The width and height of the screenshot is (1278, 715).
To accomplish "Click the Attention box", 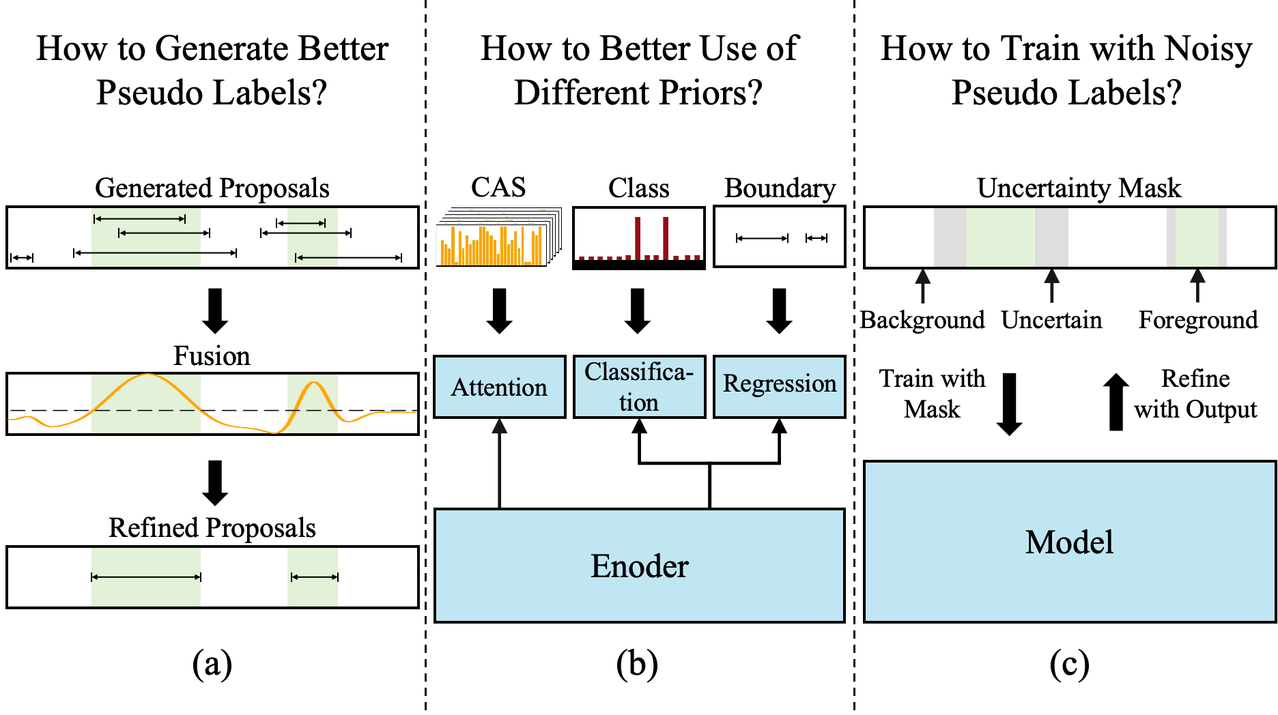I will [499, 387].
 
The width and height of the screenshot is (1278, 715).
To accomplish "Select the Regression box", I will [779, 387].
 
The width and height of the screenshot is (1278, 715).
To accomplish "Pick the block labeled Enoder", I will [639, 566].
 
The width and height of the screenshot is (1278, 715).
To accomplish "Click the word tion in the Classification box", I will [639, 403].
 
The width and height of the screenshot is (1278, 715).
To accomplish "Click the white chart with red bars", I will [638, 235].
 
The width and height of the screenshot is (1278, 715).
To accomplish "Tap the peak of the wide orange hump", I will [147, 375].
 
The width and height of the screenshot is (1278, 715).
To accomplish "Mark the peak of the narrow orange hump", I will [313, 383].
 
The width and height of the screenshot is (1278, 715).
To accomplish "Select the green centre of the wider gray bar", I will [1000, 237].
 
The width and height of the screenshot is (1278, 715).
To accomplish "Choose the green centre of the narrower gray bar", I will [1196, 237].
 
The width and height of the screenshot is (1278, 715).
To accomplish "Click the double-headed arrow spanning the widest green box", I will [146, 577].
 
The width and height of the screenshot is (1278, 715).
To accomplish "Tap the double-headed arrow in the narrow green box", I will [313, 577].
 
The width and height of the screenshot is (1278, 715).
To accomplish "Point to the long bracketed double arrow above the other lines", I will [140, 219].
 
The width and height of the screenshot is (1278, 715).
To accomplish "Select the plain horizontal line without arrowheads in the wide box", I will [146, 253].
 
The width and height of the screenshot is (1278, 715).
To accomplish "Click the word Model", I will [1069, 542].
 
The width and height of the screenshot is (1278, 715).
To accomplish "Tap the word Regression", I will [779, 383].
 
